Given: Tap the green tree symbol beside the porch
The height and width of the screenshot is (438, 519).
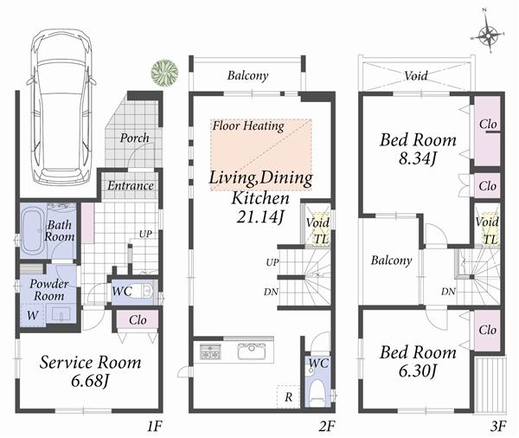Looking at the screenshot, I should click(161, 70).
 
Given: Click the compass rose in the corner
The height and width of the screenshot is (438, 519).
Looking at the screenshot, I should click(489, 35).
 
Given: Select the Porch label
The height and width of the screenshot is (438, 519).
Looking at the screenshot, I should click(134, 138).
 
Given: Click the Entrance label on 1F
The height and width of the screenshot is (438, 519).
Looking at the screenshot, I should click(131, 185).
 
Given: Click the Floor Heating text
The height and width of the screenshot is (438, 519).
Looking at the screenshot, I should click(248, 126).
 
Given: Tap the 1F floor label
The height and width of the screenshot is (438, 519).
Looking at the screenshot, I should click(154, 427).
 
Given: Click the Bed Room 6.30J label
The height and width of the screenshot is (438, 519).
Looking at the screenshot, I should click(417, 362).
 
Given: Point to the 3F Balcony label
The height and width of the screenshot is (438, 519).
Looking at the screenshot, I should click(391, 261).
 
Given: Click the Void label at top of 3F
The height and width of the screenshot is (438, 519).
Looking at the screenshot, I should click(416, 76).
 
